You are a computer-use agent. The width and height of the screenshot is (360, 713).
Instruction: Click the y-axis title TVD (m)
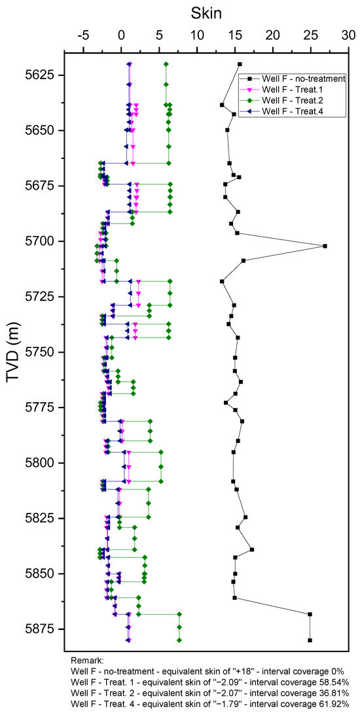pos(15,352)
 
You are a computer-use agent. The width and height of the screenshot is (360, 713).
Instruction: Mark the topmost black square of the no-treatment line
pos(240,64)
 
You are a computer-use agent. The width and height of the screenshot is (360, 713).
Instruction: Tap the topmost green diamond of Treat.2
pos(166,64)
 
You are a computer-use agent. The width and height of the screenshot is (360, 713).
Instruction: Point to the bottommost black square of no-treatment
pos(310,640)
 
